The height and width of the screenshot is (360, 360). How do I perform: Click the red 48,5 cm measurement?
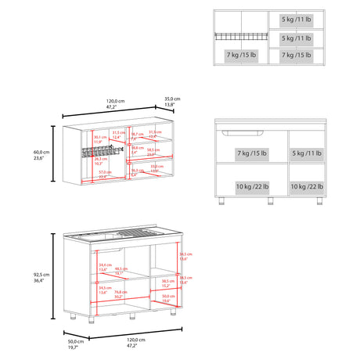(120, 270)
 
